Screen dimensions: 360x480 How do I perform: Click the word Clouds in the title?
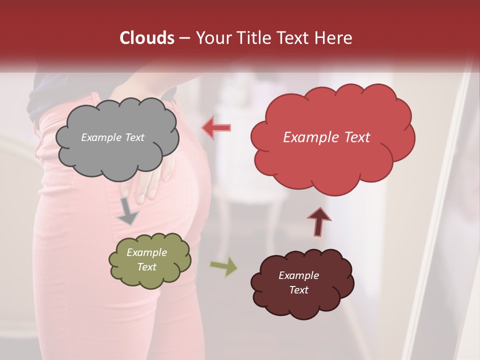(147, 38)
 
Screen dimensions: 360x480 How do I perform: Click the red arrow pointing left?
(216, 128)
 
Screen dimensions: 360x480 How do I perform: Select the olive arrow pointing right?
(224, 267)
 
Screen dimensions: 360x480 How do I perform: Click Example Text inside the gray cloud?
(112, 137)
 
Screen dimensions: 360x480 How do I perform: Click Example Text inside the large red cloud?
(326, 137)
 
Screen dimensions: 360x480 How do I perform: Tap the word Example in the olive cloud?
(146, 252)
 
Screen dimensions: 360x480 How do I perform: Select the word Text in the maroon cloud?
(298, 290)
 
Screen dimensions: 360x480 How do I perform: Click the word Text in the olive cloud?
(146, 267)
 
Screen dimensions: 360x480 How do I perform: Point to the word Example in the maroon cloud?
(298, 275)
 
